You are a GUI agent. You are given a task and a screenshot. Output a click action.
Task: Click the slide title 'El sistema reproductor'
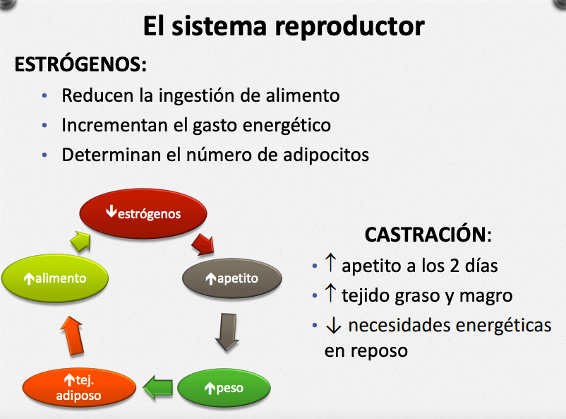pyautogui.click(x=283, y=26)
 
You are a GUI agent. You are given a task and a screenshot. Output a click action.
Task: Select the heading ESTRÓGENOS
pyautogui.click(x=80, y=64)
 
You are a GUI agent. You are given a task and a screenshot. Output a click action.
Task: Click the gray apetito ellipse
pyautogui.click(x=231, y=278)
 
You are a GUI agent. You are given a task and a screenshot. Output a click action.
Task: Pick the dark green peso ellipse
pyautogui.click(x=224, y=388)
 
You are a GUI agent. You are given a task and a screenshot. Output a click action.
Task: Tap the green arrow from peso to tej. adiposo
pyautogui.click(x=158, y=387)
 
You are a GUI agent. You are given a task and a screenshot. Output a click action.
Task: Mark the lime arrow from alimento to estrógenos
pyautogui.click(x=82, y=242)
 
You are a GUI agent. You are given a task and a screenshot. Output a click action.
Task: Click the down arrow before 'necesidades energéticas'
pyautogui.click(x=333, y=326)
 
